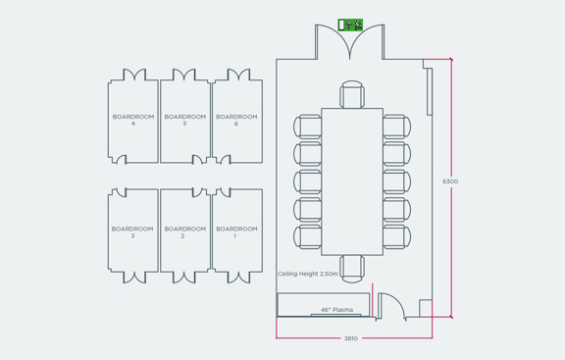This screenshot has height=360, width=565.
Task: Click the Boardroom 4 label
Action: coord(132,120)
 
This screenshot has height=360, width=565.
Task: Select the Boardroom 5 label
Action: coord(184,120)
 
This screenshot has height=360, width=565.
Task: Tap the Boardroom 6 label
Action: coord(236,120)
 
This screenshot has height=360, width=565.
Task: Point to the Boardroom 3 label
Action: coord(132,231)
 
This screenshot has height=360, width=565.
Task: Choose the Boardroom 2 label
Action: coord(184,231)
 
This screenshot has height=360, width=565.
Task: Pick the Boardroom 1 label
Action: coord(236,231)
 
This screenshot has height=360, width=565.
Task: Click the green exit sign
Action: coord(350,25)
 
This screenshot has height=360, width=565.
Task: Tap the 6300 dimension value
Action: coord(450,181)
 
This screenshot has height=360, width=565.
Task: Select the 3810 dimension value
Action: coord(350,338)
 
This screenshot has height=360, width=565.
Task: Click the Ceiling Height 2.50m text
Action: coord(308,274)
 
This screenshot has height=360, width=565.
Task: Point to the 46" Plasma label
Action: coord(336,310)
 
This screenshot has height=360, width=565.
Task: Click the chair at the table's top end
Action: coord(352,96)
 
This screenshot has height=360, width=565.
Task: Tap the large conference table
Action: coord(352,181)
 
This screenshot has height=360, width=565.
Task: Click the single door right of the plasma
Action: coord(390,305)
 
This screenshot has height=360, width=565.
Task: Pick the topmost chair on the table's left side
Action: coord(308,127)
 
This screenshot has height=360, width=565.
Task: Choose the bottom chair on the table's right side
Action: coord(396,236)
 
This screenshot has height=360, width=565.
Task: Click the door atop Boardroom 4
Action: coord(134,75)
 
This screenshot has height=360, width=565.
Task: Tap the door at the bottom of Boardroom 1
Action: coord(237,278)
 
